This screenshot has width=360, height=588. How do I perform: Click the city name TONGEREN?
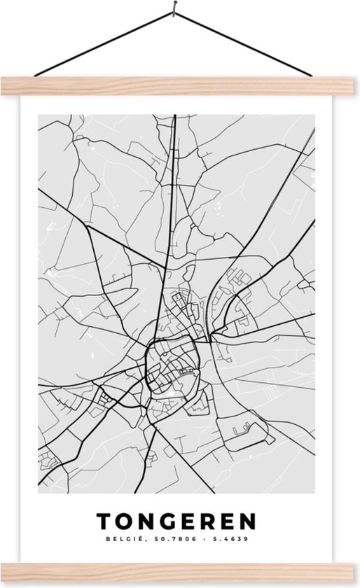point(176,521)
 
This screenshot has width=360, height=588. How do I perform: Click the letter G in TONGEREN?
point(166,521)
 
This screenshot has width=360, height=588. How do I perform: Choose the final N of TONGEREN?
point(249,521)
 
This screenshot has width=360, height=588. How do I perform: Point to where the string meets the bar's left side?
point(36,76)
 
